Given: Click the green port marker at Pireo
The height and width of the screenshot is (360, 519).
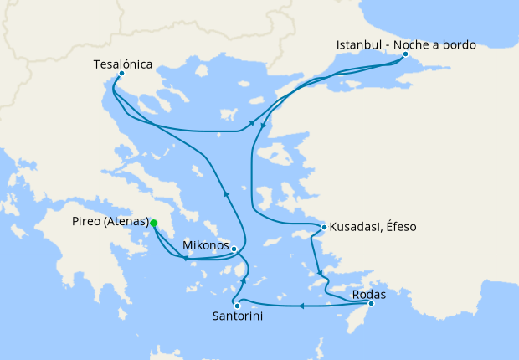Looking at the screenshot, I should tap(153, 223).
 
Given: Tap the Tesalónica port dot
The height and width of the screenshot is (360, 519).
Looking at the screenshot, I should tap(121, 74).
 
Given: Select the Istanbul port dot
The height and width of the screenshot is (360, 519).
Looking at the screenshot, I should tap(405, 55).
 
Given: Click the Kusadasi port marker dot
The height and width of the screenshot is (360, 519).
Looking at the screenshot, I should tap(324, 227).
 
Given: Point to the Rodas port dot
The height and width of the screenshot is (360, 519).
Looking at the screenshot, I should tap(371, 303).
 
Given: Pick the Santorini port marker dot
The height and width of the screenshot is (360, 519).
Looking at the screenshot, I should tap(238, 306).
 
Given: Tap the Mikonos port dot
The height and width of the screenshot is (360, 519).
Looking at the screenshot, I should tap(234, 249).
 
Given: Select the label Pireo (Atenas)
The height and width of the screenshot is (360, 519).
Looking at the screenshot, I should tap(110, 223).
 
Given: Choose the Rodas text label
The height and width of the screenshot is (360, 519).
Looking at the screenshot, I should tap(369, 294).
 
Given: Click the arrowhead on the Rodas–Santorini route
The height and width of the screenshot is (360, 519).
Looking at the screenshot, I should tap(302, 306).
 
